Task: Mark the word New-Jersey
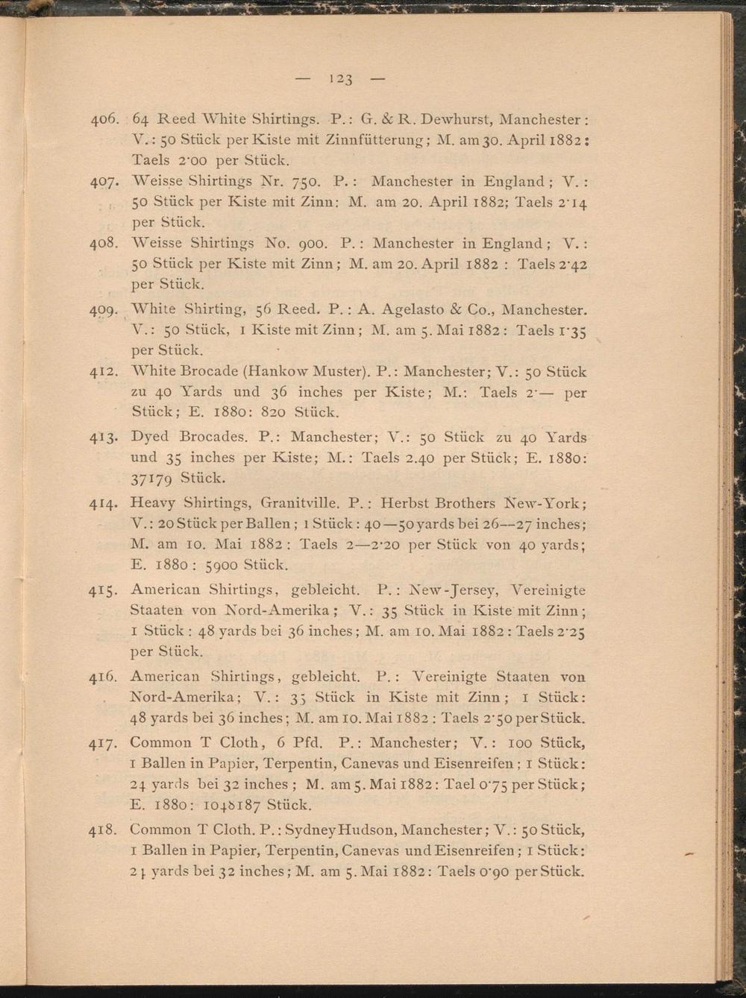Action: tap(452, 590)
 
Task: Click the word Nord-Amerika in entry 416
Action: tap(184, 698)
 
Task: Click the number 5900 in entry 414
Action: tap(222, 565)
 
